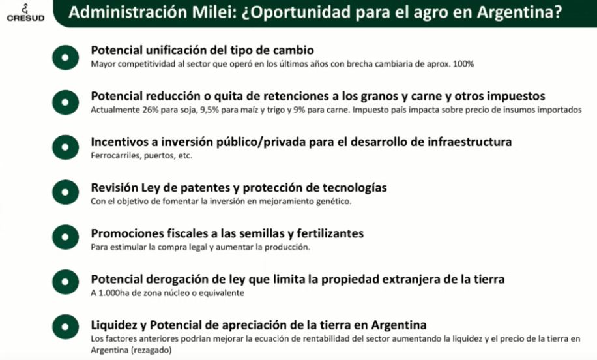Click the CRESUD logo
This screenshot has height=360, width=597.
(25, 13)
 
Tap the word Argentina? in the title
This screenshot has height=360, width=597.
(519, 12)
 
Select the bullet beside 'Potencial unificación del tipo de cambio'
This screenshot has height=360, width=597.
(65, 57)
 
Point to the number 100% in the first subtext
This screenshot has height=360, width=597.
(463, 64)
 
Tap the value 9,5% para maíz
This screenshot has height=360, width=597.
(209, 110)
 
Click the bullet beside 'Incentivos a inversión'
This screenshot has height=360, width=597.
(65, 147)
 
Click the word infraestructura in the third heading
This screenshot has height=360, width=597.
(469, 142)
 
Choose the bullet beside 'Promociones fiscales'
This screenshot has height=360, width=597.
(65, 237)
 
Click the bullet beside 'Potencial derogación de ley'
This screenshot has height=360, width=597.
(65, 282)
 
